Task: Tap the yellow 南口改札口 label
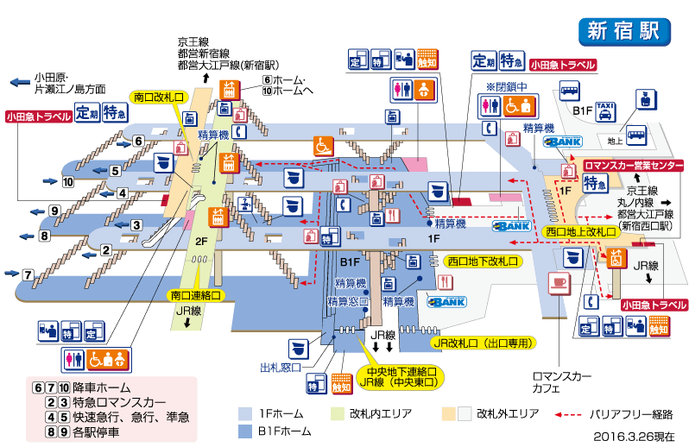(x=158, y=98)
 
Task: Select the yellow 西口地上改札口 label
(x=580, y=231)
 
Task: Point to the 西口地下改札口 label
(x=483, y=260)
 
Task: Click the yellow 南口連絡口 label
(x=193, y=295)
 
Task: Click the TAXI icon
(x=607, y=109)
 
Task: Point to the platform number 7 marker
(x=28, y=275)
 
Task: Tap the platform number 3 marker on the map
(x=136, y=225)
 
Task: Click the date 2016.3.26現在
(x=634, y=436)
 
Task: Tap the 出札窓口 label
(x=281, y=367)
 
